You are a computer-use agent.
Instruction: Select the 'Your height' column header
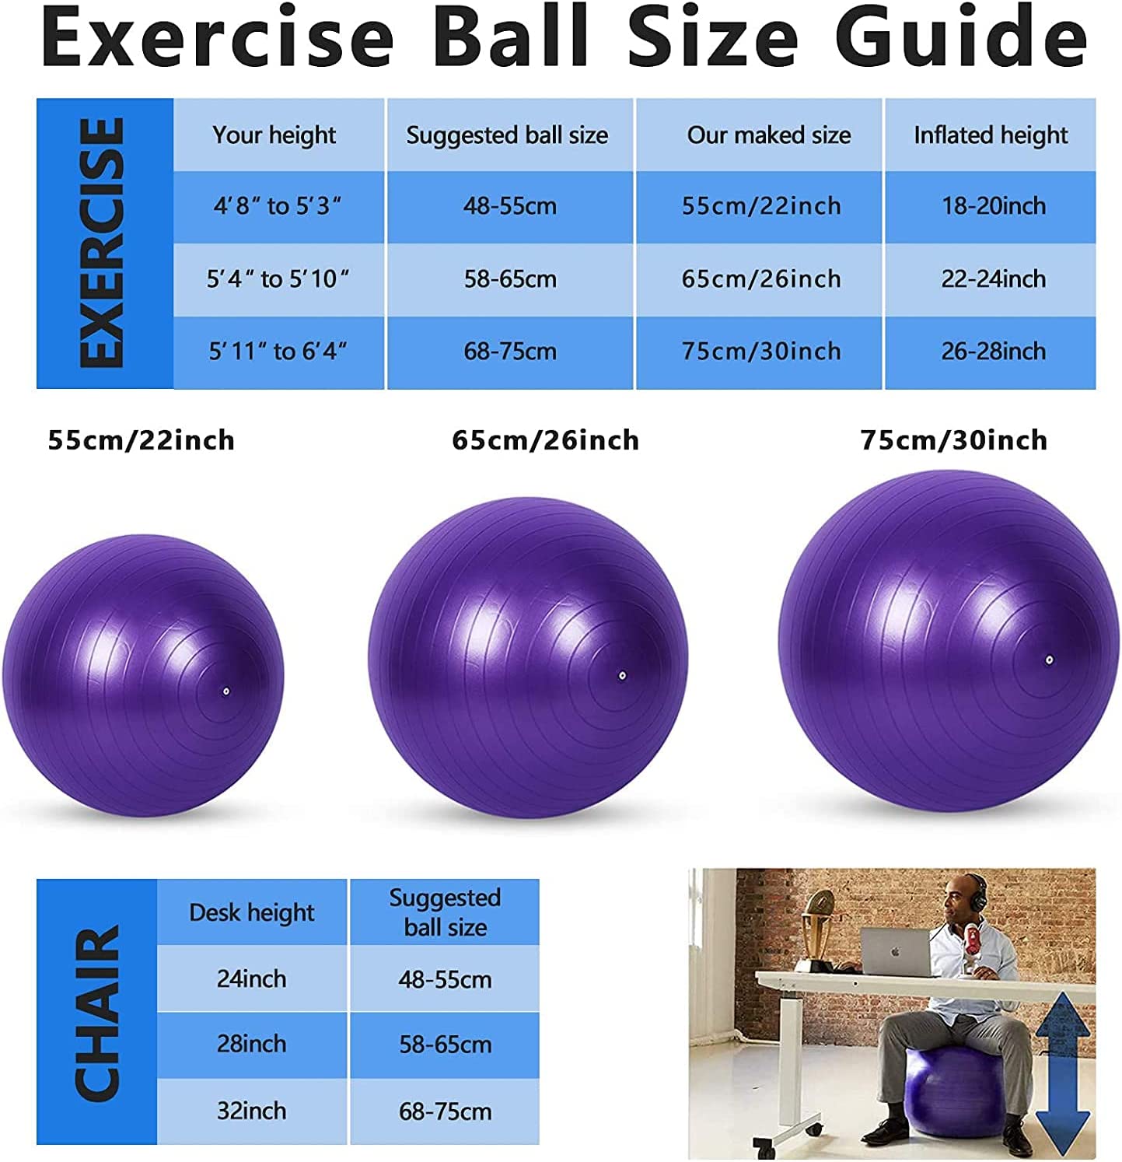(274, 135)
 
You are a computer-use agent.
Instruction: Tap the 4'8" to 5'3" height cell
(278, 206)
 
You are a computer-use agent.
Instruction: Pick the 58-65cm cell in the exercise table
(510, 278)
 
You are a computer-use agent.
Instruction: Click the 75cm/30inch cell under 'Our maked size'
(761, 351)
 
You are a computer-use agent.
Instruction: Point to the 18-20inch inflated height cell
(993, 206)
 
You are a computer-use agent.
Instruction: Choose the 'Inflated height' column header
(991, 135)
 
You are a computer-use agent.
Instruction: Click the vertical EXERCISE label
(103, 243)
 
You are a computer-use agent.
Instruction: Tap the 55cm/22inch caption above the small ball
(141, 440)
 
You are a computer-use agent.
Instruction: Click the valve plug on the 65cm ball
(623, 676)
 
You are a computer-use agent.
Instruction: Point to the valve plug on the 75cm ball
(1048, 660)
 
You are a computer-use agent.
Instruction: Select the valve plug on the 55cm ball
(225, 691)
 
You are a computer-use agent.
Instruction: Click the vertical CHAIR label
(97, 1013)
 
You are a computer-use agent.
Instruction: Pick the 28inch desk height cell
(251, 1044)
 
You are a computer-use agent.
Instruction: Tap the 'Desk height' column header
(251, 912)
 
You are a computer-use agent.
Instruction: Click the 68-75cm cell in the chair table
(445, 1111)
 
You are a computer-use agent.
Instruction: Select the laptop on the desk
(897, 951)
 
